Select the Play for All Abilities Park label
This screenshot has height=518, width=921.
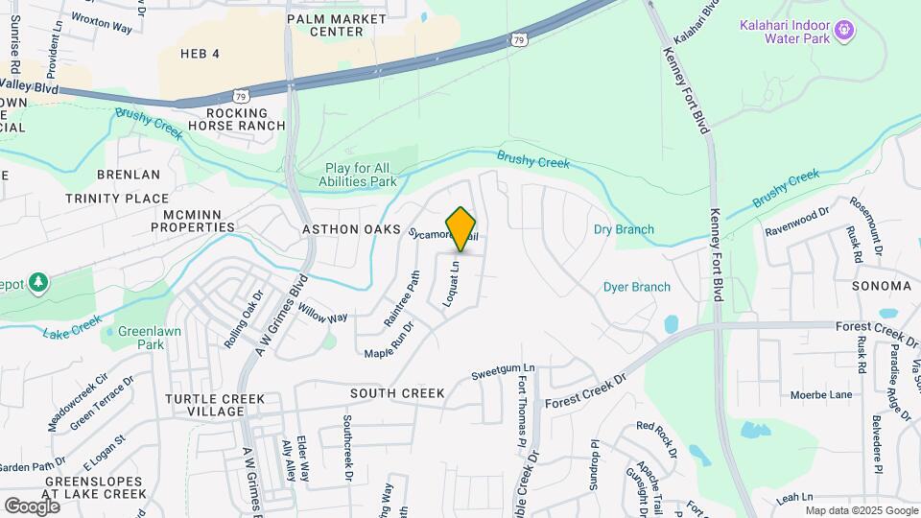click(x=360, y=175)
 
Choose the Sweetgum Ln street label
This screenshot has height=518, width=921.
click(x=502, y=371)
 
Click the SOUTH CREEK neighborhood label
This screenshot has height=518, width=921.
click(x=397, y=393)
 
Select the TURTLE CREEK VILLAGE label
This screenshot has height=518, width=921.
click(x=204, y=405)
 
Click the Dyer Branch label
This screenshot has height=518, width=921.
click(x=636, y=287)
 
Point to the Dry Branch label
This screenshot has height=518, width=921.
click(x=624, y=229)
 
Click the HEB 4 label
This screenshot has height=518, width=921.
click(x=200, y=54)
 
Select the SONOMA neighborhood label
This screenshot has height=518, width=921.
click(x=881, y=286)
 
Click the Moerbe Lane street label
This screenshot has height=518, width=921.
click(x=820, y=394)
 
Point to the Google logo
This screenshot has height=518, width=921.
click(x=32, y=506)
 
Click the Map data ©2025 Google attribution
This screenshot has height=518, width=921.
click(x=861, y=510)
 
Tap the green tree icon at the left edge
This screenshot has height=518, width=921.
click(x=37, y=283)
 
